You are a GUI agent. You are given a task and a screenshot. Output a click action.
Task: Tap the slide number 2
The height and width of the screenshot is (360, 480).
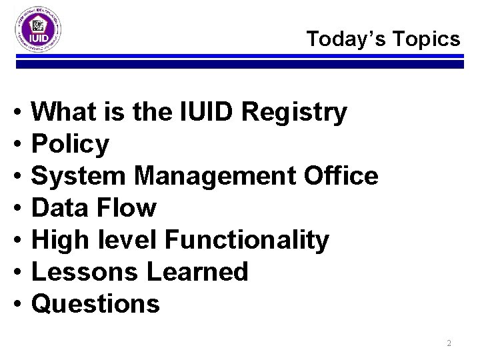pos(449,343)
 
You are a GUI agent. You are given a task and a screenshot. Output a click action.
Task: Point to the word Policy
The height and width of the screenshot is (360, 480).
pos(71,144)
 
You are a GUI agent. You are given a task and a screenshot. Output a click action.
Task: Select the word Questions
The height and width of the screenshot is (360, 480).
pos(96,304)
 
